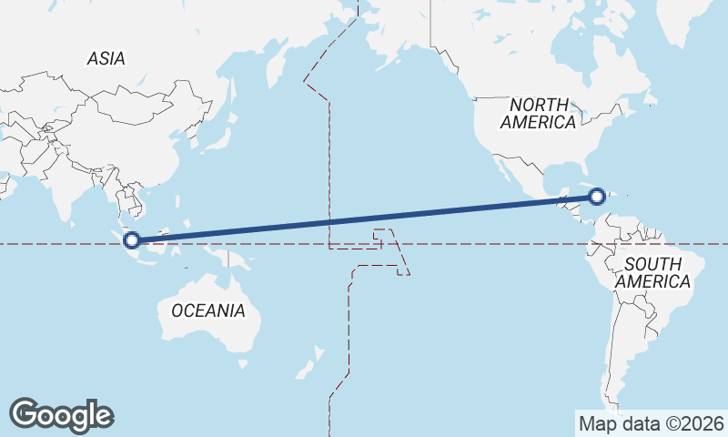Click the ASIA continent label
coord(106,58)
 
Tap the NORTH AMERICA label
coord(539,113)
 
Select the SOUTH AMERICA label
coord(652,272)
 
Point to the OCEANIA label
coord(208,310)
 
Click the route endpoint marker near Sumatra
coord(132,240)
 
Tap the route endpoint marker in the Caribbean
coord(597,196)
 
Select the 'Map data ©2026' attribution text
coord(651,423)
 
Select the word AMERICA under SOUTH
coord(652,281)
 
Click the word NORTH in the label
coord(539,105)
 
